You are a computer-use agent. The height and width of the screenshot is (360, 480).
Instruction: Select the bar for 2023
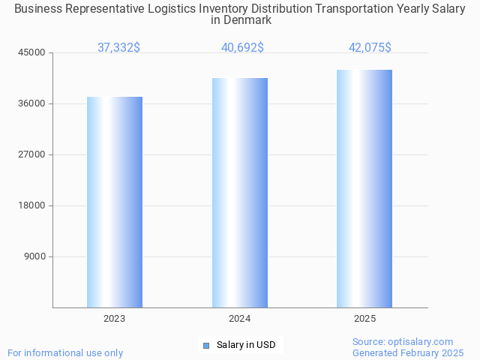pyautogui.click(x=115, y=202)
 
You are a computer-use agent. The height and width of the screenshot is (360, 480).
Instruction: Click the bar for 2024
pyautogui.click(x=240, y=193)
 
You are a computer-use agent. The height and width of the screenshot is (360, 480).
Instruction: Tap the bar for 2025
pyautogui.click(x=364, y=188)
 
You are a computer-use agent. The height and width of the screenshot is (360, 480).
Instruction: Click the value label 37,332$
pyautogui.click(x=118, y=48)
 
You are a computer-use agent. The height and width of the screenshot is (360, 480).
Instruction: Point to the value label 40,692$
pyautogui.click(x=242, y=48)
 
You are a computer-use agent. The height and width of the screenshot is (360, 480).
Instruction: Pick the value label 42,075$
pyautogui.click(x=370, y=48)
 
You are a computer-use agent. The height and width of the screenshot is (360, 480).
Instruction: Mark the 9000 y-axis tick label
pyautogui.click(x=35, y=256)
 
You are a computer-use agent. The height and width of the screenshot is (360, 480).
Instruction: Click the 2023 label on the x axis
pyautogui.click(x=115, y=319)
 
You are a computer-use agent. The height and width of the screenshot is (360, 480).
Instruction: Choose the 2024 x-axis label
pyautogui.click(x=240, y=319)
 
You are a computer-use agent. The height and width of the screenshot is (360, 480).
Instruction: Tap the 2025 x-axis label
pyautogui.click(x=364, y=319)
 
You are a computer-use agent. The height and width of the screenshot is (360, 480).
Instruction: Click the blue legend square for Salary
pyautogui.click(x=205, y=346)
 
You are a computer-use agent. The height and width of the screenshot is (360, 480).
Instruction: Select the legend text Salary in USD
pyautogui.click(x=246, y=345)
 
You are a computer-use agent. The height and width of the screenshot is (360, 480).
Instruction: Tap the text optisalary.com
pyautogui.click(x=424, y=342)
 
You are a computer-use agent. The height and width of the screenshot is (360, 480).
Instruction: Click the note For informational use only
pyautogui.click(x=65, y=352)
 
